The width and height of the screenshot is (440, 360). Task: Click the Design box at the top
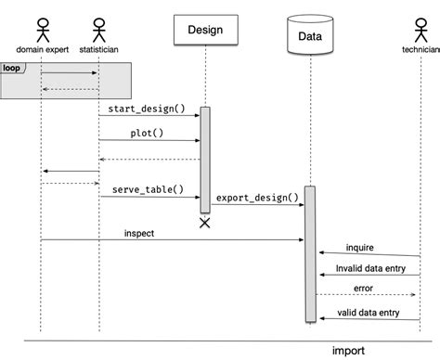coord(204,30)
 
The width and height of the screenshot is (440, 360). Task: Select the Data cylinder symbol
coord(309,36)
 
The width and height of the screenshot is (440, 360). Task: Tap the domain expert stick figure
coord(40,26)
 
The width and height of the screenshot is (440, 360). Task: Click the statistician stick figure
coord(98,26)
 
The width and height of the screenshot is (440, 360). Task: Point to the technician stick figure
coord(420,26)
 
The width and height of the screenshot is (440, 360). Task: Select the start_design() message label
coord(148,109)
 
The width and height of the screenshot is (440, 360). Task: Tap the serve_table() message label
coord(148,189)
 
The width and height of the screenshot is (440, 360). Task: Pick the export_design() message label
coord(257,198)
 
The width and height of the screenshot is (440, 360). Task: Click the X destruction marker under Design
coord(204,223)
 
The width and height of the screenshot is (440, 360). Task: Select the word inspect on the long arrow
coord(139,234)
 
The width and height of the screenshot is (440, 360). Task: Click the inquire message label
coord(360,248)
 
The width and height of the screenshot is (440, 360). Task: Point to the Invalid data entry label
coord(364,268)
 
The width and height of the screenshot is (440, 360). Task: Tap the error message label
coord(363,289)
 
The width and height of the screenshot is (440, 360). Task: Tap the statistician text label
coord(98,47)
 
